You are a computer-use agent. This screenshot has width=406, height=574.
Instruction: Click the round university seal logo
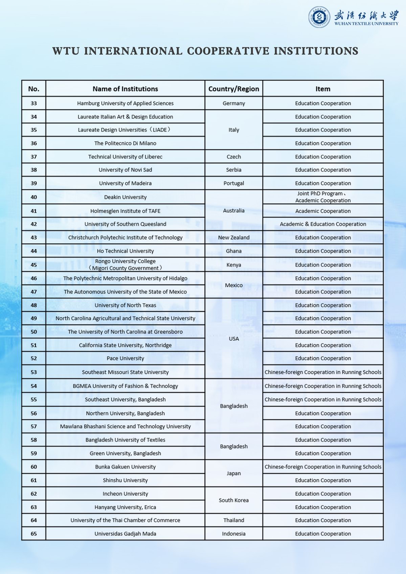click(319, 17)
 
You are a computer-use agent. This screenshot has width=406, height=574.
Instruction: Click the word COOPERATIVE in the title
click(228, 51)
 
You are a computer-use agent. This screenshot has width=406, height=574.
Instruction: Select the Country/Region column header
click(233, 89)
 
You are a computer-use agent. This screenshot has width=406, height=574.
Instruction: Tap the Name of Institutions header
click(125, 89)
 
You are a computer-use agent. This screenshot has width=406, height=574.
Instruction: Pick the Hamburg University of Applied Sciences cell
click(125, 104)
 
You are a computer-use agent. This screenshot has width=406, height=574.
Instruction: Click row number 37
click(34, 157)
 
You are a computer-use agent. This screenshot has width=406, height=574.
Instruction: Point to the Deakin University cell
click(125, 197)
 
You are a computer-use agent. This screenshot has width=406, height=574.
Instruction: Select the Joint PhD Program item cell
click(323, 197)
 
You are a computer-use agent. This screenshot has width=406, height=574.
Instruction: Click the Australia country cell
click(233, 210)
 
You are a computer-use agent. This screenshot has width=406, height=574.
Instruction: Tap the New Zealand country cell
click(233, 237)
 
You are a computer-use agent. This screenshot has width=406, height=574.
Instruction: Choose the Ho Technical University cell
click(125, 251)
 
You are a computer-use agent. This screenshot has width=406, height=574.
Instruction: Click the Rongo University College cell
click(125, 265)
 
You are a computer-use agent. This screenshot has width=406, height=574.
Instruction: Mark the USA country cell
click(233, 339)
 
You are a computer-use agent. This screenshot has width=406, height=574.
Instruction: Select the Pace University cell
click(125, 359)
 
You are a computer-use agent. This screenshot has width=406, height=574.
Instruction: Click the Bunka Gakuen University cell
click(125, 467)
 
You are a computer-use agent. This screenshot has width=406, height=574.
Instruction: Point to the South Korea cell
click(233, 500)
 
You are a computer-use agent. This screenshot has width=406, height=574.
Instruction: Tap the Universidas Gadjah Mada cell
click(125, 534)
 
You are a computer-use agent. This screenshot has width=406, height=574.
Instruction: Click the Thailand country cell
click(233, 520)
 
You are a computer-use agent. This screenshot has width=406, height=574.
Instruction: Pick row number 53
click(34, 372)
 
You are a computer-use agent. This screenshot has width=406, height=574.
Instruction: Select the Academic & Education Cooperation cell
click(323, 224)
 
